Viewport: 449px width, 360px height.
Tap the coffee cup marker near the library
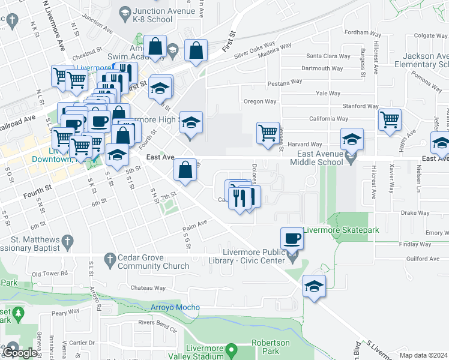coord(292,238)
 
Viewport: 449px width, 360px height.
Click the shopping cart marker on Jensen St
coord(268,133)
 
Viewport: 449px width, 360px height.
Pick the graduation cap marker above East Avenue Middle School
coord(352,139)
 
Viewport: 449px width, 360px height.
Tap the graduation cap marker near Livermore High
coord(191,122)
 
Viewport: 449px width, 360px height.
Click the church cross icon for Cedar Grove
coord(109,259)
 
